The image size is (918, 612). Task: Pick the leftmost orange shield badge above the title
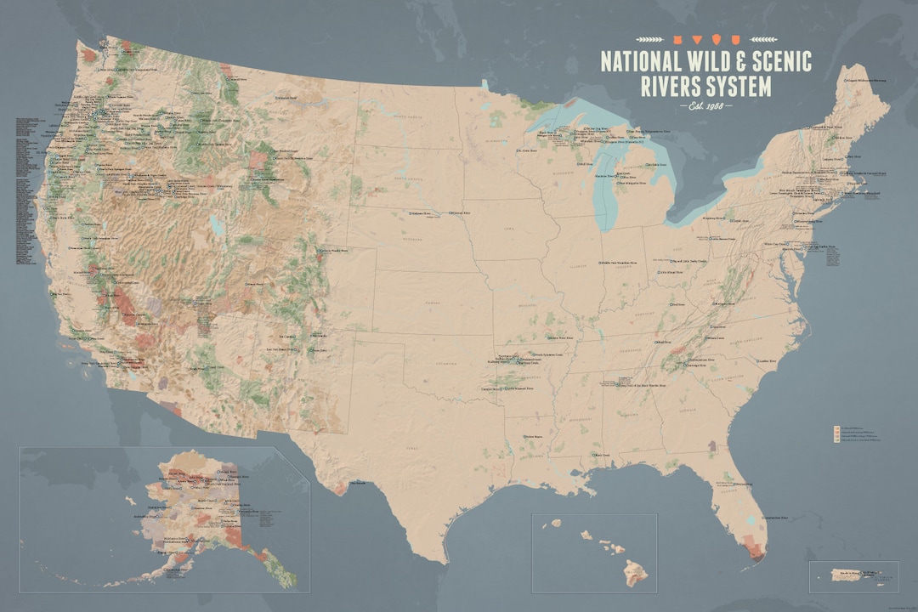click(669, 39)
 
